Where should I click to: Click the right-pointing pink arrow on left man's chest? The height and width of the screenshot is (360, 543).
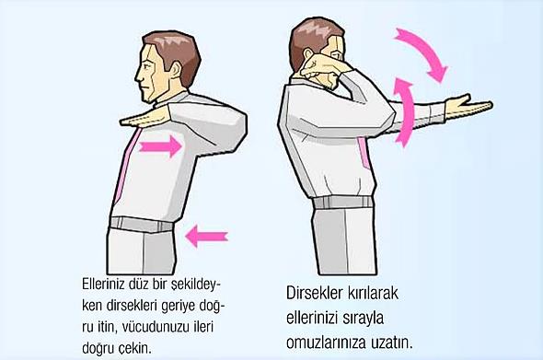click(x=161, y=146)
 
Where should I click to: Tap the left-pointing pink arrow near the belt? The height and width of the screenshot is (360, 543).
click(x=207, y=236)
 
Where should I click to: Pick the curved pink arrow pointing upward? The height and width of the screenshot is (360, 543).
click(x=404, y=111)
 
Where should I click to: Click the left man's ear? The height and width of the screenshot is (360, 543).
click(x=176, y=70)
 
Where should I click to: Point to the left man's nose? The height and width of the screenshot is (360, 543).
click(x=137, y=77)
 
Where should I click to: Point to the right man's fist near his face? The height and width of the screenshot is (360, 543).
click(x=317, y=68)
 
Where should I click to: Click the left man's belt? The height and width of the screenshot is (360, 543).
click(x=142, y=224)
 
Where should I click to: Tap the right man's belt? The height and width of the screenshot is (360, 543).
click(x=343, y=203)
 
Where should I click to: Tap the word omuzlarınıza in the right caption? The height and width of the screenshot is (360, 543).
click(x=326, y=343)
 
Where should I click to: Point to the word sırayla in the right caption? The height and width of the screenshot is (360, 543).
click(x=364, y=318)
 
